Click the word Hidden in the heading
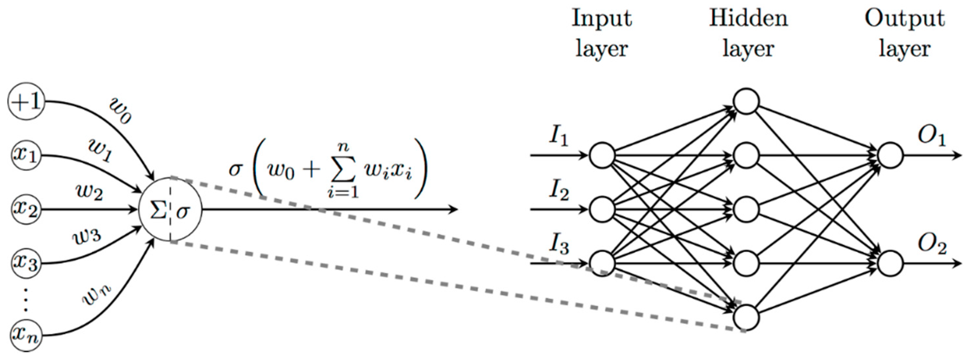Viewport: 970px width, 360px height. coord(748,18)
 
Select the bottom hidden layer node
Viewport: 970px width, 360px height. coord(746,317)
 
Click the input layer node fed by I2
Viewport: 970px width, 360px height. coord(602,209)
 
